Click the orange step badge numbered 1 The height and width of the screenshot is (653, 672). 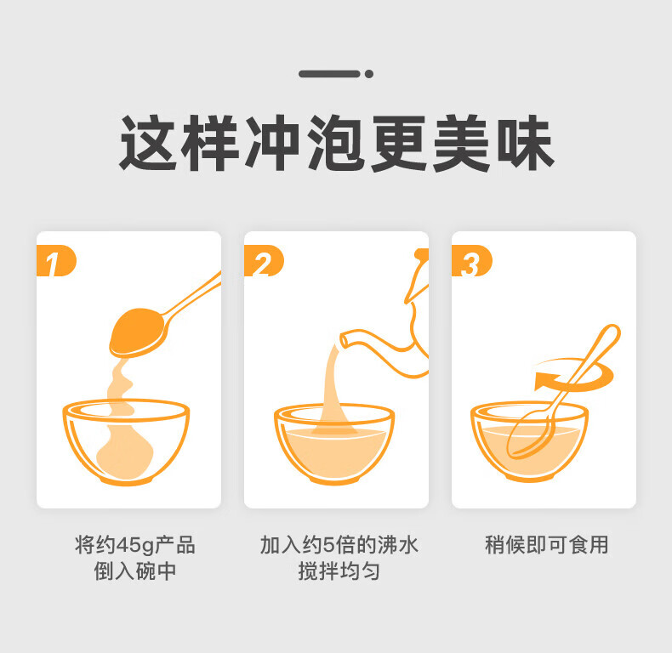(56, 260)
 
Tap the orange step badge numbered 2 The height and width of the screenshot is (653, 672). (264, 260)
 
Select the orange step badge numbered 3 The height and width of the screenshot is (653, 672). (471, 260)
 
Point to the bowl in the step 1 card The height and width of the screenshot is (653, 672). (126, 441)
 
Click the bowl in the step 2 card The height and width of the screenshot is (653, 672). (334, 444)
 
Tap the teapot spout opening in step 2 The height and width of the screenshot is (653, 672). (345, 341)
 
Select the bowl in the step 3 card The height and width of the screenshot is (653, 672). (529, 441)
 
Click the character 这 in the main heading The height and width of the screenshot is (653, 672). (147, 143)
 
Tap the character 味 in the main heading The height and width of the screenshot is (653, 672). (526, 143)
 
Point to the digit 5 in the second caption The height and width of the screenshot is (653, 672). (328, 545)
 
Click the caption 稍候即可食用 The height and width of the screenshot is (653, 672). (546, 545)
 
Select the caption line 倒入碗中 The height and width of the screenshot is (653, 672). (135, 571)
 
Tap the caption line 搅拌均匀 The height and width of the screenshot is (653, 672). (339, 571)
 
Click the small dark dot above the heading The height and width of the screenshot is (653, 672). (369, 74)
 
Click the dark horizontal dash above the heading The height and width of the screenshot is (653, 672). (329, 74)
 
